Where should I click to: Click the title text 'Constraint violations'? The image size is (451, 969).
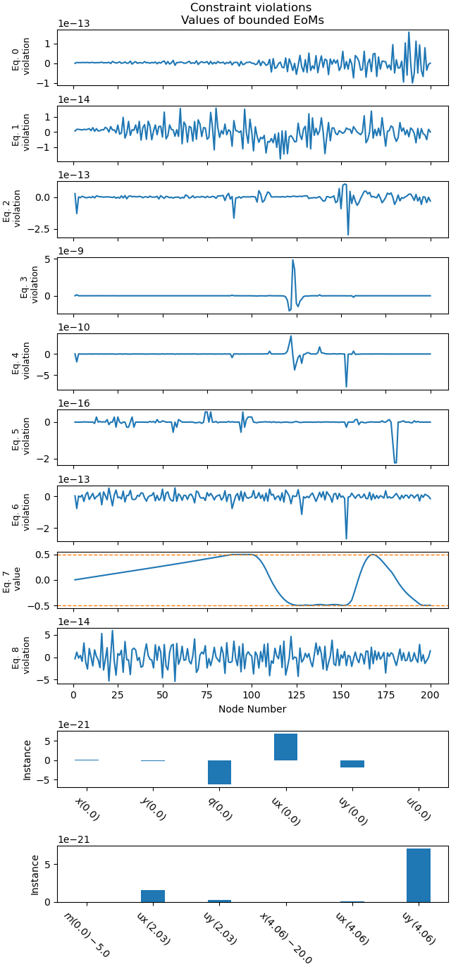coord(251,8)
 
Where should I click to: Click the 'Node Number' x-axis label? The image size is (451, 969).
coord(252,709)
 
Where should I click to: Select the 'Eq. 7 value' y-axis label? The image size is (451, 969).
coord(12,579)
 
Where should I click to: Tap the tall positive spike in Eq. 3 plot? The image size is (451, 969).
coord(292,261)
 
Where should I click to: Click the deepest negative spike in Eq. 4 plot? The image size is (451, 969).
coord(346,385)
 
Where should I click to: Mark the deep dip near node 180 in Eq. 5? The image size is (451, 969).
coord(395,462)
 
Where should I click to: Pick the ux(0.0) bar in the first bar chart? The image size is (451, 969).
coord(285,747)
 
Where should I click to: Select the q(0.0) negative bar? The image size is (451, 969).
coord(219,772)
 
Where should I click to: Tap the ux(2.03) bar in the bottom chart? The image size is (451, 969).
coord(152,896)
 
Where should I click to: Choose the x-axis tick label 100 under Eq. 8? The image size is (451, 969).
coord(252,695)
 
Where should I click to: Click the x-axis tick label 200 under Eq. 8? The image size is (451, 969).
coord(431,695)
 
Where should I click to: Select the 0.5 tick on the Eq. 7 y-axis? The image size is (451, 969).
coord(43,555)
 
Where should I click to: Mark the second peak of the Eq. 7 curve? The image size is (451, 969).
coord(373,555)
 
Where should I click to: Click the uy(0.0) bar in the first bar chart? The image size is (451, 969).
coord(352,764)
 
